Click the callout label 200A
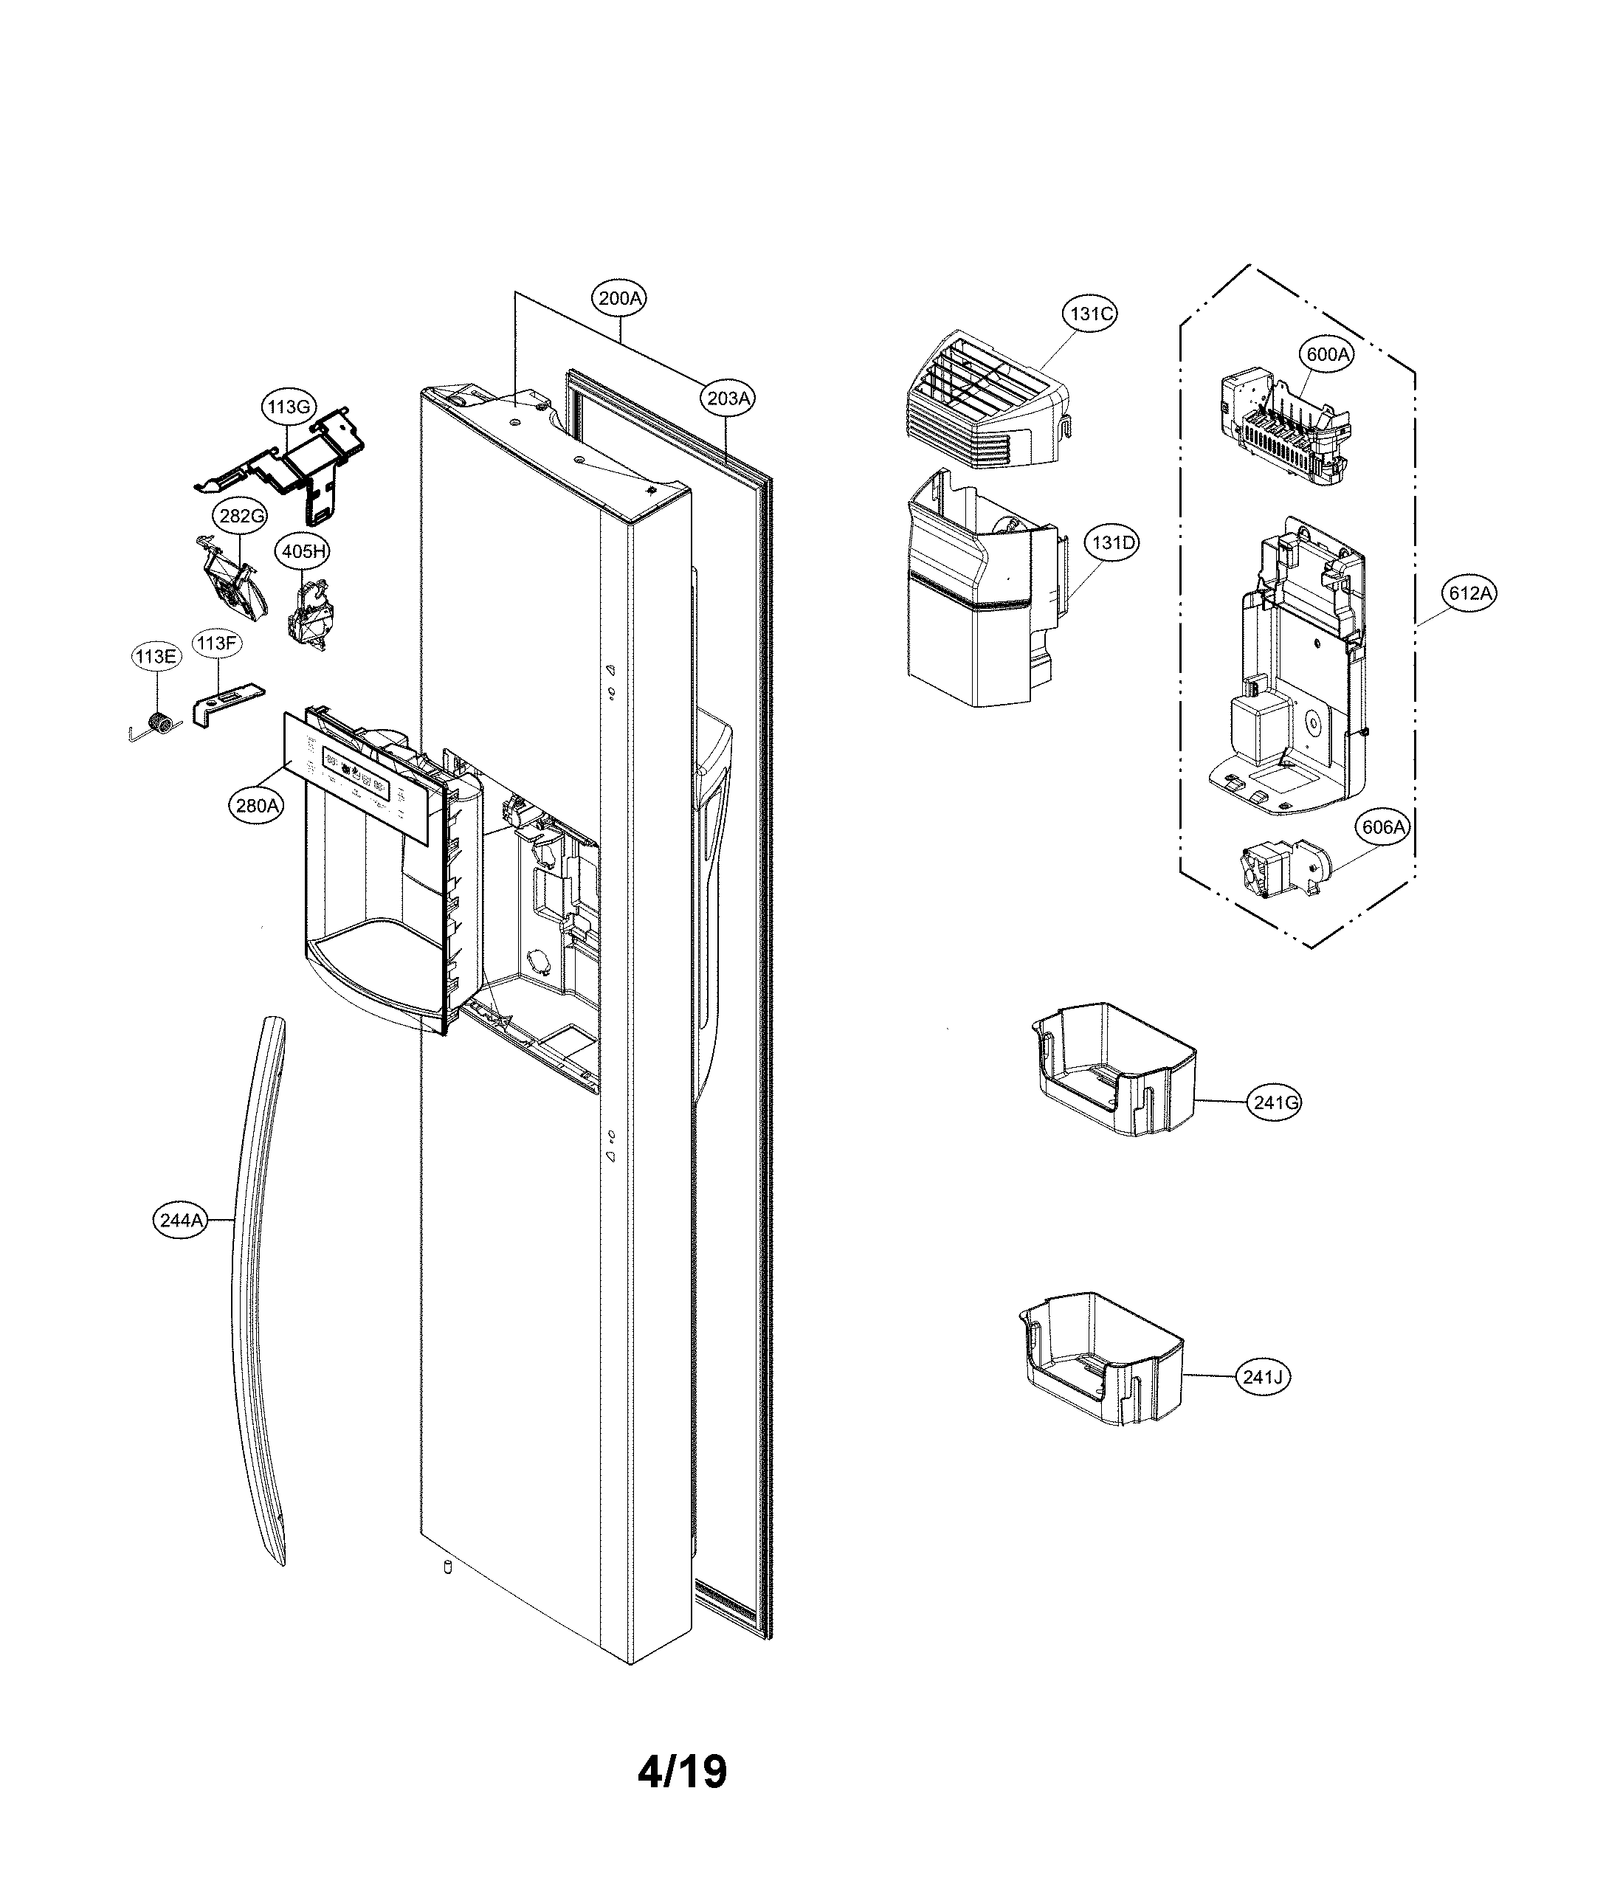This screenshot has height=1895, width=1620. coord(619,298)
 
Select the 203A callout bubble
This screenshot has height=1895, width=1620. coord(728,398)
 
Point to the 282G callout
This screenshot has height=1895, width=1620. coord(241,516)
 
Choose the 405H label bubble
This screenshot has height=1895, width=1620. coord(303,551)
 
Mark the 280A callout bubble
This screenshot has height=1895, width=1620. coord(256,806)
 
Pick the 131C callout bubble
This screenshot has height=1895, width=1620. coord(1090,314)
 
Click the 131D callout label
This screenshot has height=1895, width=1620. coord(1112,542)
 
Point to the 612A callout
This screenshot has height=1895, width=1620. coord(1470,593)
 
